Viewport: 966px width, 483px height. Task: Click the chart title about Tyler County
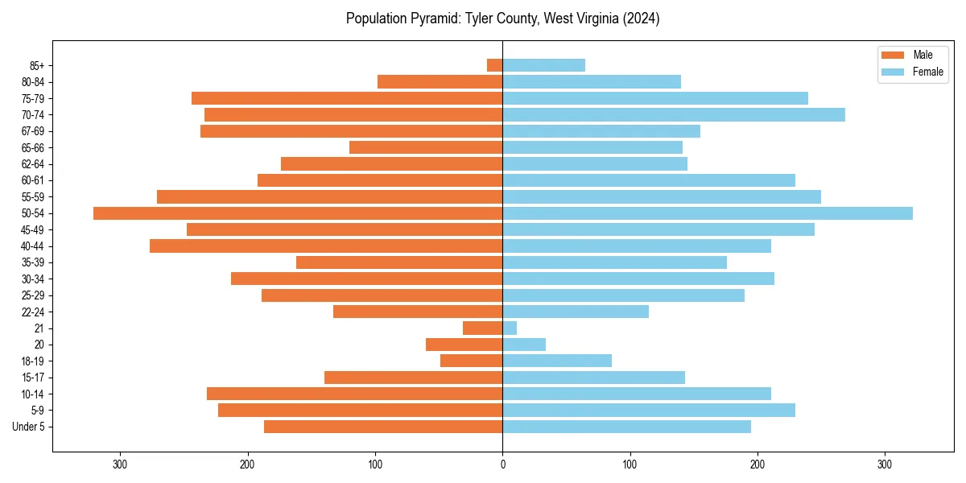tap(502, 19)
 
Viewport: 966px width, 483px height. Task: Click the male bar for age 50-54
tap(298, 213)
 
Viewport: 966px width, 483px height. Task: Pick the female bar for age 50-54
tap(708, 213)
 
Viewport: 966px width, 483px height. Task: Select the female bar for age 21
tap(510, 328)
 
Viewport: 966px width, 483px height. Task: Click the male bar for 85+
tap(495, 65)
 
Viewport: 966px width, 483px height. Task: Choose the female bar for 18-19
tap(557, 361)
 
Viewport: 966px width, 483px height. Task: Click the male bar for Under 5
tap(383, 427)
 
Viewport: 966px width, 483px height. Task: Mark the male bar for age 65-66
tap(426, 147)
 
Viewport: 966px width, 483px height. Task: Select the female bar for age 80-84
tap(592, 82)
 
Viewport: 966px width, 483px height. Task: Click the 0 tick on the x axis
tap(502, 464)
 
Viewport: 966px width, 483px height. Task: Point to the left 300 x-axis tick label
tap(121, 464)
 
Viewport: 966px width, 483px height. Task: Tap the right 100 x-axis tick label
tap(630, 464)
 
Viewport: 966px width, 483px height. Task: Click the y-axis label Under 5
tap(29, 427)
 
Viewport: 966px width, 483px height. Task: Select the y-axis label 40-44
tap(32, 246)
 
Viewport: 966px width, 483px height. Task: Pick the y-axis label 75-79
tap(32, 98)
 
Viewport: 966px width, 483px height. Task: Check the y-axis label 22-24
tap(32, 312)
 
